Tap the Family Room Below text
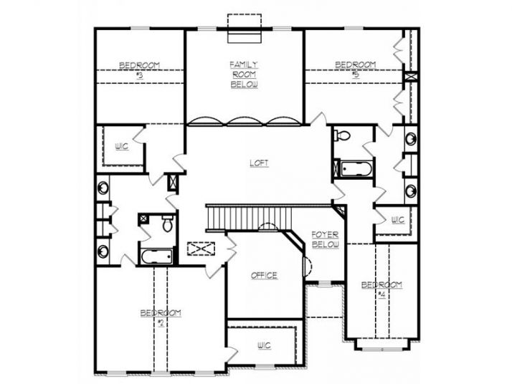point(244,75)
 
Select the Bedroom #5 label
point(356,69)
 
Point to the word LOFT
point(259,163)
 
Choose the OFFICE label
point(264,275)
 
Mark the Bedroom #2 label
point(160,317)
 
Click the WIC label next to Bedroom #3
point(121,147)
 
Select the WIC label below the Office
point(264,345)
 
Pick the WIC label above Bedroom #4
point(397,220)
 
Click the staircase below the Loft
point(252,216)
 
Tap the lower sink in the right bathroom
point(410,191)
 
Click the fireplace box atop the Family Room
point(245,21)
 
